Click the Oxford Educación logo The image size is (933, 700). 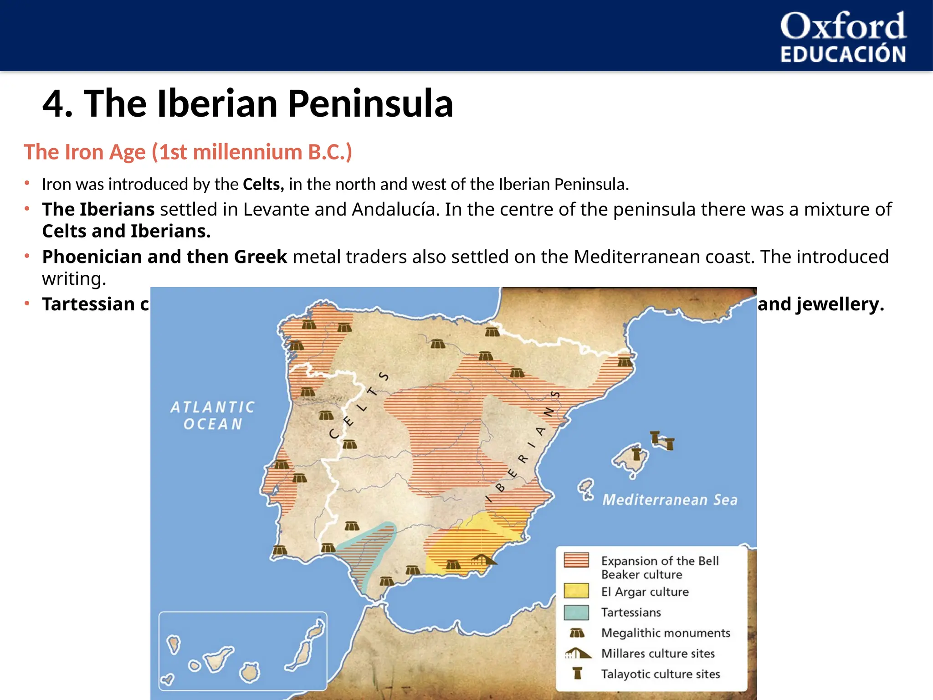tap(843, 36)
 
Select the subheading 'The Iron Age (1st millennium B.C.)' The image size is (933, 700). tap(188, 152)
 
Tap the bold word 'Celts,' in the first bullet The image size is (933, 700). tap(263, 185)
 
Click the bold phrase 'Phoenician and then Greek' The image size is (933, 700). tap(164, 257)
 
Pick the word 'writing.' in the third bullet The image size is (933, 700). tap(74, 279)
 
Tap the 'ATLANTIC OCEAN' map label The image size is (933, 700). tap(212, 415)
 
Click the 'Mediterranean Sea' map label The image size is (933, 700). tap(670, 500)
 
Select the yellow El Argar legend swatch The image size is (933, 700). tap(576, 591)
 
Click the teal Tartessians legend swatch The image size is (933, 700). tap(576, 612)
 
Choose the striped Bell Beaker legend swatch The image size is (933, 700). tap(576, 560)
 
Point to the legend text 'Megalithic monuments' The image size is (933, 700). tap(665, 633)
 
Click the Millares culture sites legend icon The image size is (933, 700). tap(577, 654)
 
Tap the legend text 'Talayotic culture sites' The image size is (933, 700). tap(660, 674)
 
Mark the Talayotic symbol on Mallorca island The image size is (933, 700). tap(636, 454)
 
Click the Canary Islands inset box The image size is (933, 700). tap(242, 651)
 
